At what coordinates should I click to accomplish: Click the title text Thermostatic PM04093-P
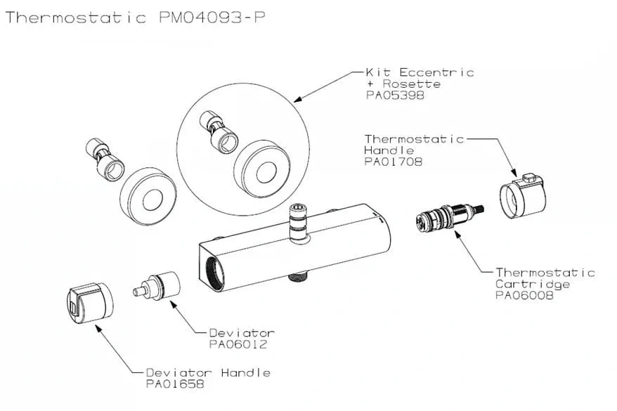tap(135, 18)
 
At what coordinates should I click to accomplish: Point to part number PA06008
tap(524, 296)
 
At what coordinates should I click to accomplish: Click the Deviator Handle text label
tap(208, 372)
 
